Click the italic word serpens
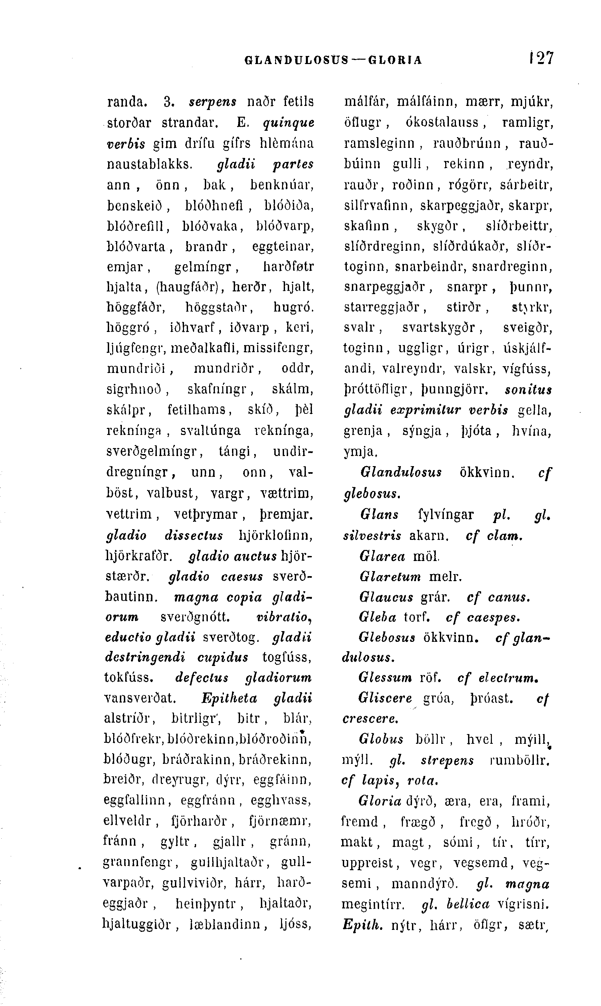click(213, 102)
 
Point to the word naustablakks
click(149, 164)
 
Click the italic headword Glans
click(379, 514)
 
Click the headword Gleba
click(377, 617)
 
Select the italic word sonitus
click(528, 390)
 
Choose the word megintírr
click(373, 904)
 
